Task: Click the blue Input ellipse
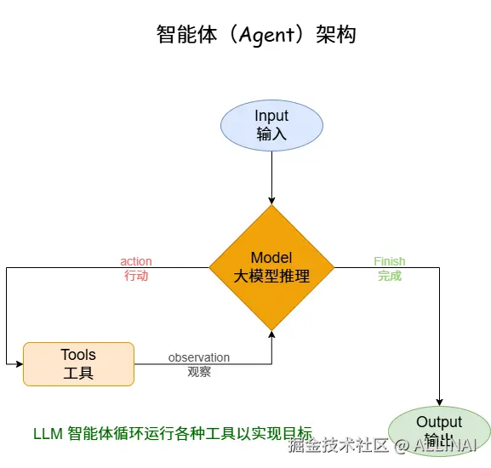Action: pyautogui.click(x=271, y=124)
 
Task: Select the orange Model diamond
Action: pyautogui.click(x=271, y=267)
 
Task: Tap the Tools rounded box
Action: pyautogui.click(x=78, y=364)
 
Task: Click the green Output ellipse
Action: pyautogui.click(x=439, y=431)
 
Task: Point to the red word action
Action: pyautogui.click(x=136, y=261)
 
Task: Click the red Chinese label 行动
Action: pyautogui.click(x=136, y=276)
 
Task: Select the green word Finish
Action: pyautogui.click(x=390, y=261)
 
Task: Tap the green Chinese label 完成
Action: pyautogui.click(x=390, y=276)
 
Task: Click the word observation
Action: pyautogui.click(x=199, y=357)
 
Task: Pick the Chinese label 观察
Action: pyautogui.click(x=199, y=372)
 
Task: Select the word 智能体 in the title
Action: pyautogui.click(x=180, y=34)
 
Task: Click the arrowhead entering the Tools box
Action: pyautogui.click(x=19, y=364)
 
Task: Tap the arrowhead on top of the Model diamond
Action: pyautogui.click(x=271, y=200)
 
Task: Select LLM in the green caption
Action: pyautogui.click(x=48, y=432)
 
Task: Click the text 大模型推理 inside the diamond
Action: pyautogui.click(x=271, y=277)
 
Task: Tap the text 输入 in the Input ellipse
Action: pyautogui.click(x=271, y=134)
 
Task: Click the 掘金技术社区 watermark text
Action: pyautogui.click(x=338, y=445)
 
